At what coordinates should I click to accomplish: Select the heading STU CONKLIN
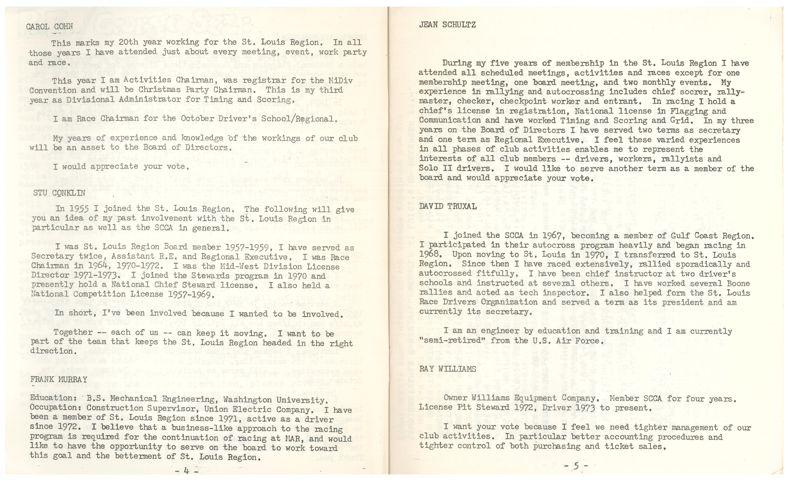click(x=59, y=193)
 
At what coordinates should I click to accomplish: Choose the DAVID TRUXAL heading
click(x=448, y=207)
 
